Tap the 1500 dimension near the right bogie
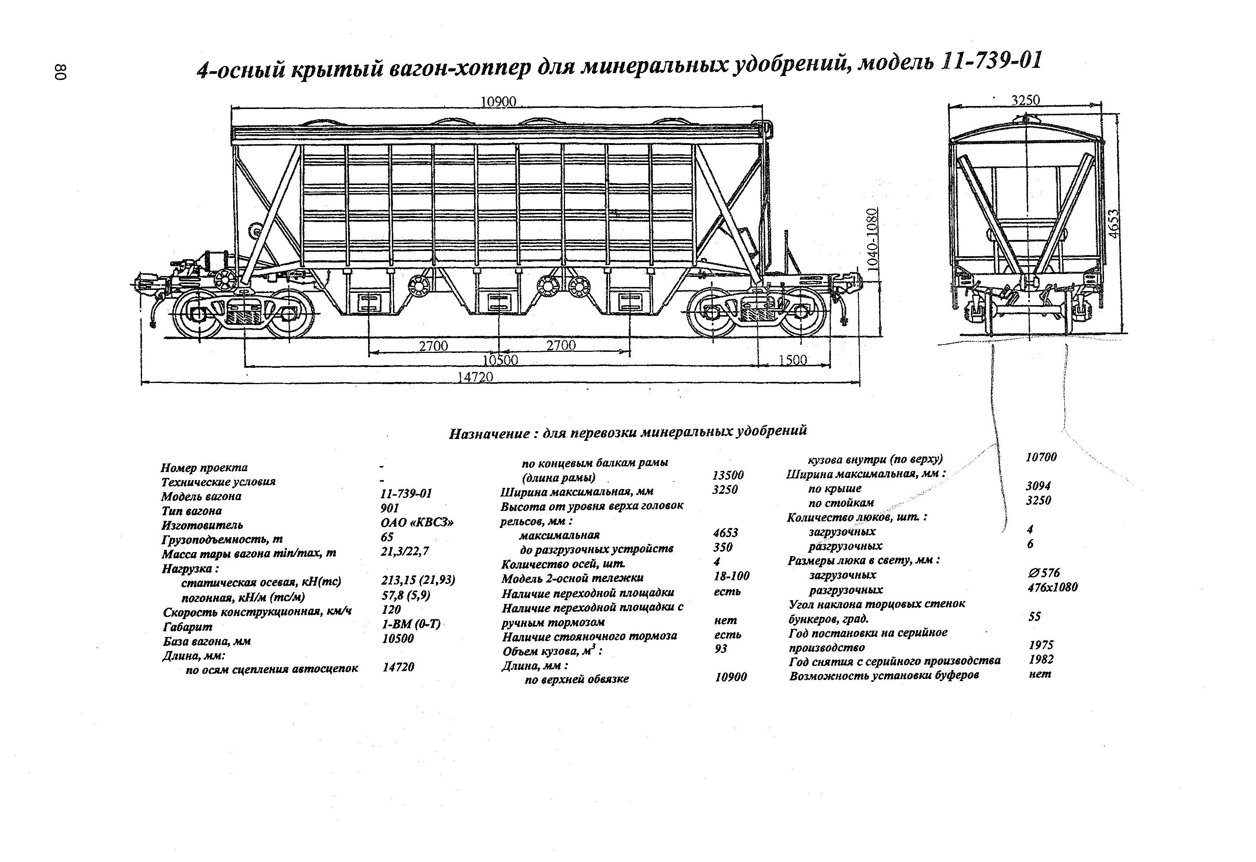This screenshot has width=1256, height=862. click(793, 360)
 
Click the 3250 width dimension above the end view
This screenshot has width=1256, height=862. click(1025, 100)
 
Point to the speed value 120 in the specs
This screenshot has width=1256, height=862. click(391, 610)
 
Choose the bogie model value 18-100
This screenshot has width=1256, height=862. click(731, 576)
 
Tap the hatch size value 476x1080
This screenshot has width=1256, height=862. click(1052, 587)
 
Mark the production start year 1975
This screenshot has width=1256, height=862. click(1041, 645)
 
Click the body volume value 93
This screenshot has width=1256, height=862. click(721, 648)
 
